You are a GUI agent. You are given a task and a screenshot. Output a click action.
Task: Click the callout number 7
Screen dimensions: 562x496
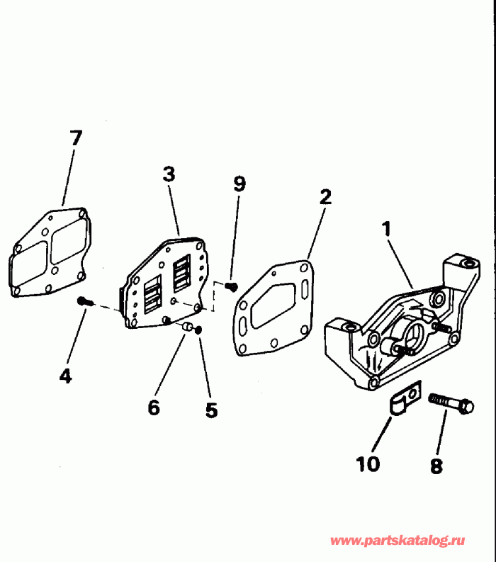[x=75, y=138]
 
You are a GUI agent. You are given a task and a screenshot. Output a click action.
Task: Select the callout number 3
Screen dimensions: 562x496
[x=168, y=174]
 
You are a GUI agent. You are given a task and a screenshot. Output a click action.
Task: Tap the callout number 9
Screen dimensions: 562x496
[x=239, y=184]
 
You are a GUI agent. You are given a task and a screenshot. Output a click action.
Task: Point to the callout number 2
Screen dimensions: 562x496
[x=325, y=196]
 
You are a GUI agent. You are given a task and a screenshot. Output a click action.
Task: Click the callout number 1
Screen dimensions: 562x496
[x=386, y=229]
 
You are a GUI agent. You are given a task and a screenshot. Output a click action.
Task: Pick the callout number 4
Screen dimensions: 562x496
[x=65, y=376]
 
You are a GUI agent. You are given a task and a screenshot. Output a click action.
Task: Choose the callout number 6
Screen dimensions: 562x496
[x=154, y=407]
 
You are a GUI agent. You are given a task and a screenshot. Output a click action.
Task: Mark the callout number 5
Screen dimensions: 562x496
[x=211, y=410]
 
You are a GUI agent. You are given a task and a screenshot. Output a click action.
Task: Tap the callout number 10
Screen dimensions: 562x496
[x=368, y=463]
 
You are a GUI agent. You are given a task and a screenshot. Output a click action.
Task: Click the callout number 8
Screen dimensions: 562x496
[x=436, y=466]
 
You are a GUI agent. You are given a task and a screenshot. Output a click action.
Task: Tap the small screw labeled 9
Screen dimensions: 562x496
[x=231, y=286]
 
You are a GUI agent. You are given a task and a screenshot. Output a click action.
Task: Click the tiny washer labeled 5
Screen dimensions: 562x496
[x=200, y=330]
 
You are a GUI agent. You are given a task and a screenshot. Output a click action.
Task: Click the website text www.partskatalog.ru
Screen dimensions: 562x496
[x=398, y=541]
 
